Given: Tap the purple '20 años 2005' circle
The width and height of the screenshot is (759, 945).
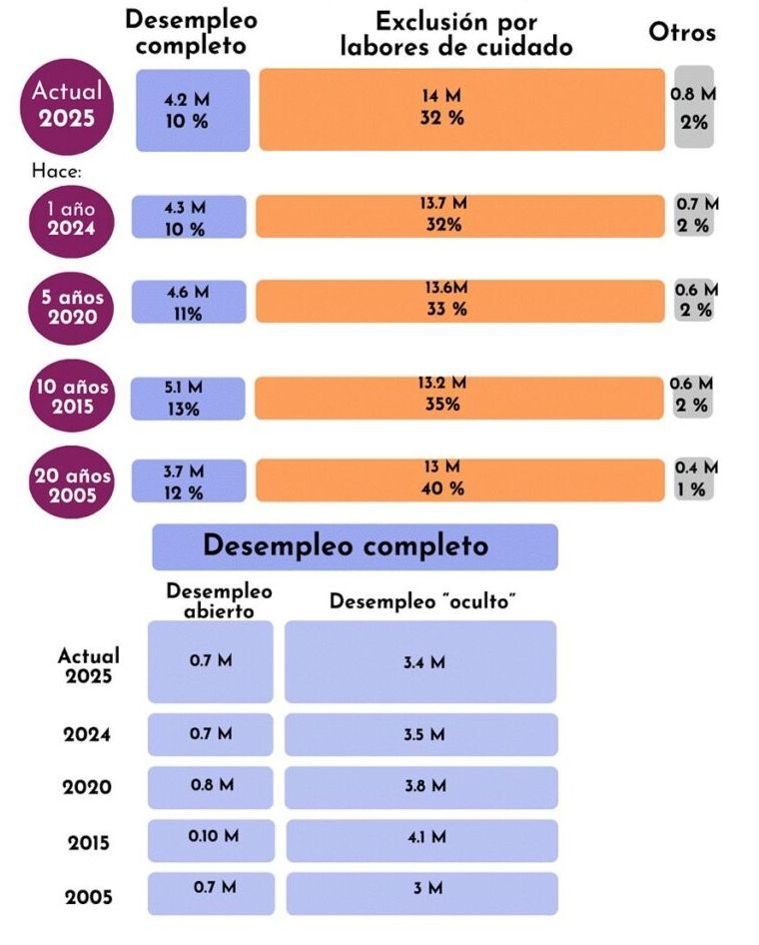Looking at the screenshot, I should [x=71, y=481].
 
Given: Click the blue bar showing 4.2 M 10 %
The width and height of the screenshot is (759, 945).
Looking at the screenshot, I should [x=192, y=110].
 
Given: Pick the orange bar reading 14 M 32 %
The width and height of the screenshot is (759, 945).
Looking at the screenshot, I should [x=461, y=109].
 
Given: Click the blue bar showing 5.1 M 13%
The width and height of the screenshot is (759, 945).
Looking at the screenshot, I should [x=189, y=398].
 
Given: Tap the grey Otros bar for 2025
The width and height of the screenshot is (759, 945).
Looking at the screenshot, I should [x=693, y=108].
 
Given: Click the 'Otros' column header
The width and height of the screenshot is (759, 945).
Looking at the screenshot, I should [x=682, y=32].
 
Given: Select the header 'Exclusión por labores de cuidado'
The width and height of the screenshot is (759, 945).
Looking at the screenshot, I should [x=456, y=34].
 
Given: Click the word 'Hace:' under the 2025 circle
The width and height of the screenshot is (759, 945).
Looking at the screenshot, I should [x=57, y=171].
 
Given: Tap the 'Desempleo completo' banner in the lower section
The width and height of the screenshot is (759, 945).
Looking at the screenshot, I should [x=355, y=546].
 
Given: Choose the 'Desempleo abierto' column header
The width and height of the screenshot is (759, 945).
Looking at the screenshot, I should [x=219, y=599].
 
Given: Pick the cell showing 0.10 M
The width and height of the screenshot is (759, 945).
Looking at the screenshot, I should [x=210, y=840].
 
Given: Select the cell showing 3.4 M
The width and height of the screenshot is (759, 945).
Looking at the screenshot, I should [x=420, y=661].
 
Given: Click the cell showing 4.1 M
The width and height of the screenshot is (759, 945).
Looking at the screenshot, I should [x=420, y=840].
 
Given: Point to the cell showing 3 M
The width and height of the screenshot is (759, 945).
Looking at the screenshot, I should [x=420, y=892].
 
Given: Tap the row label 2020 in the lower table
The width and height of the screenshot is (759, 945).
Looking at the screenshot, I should [x=88, y=787].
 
